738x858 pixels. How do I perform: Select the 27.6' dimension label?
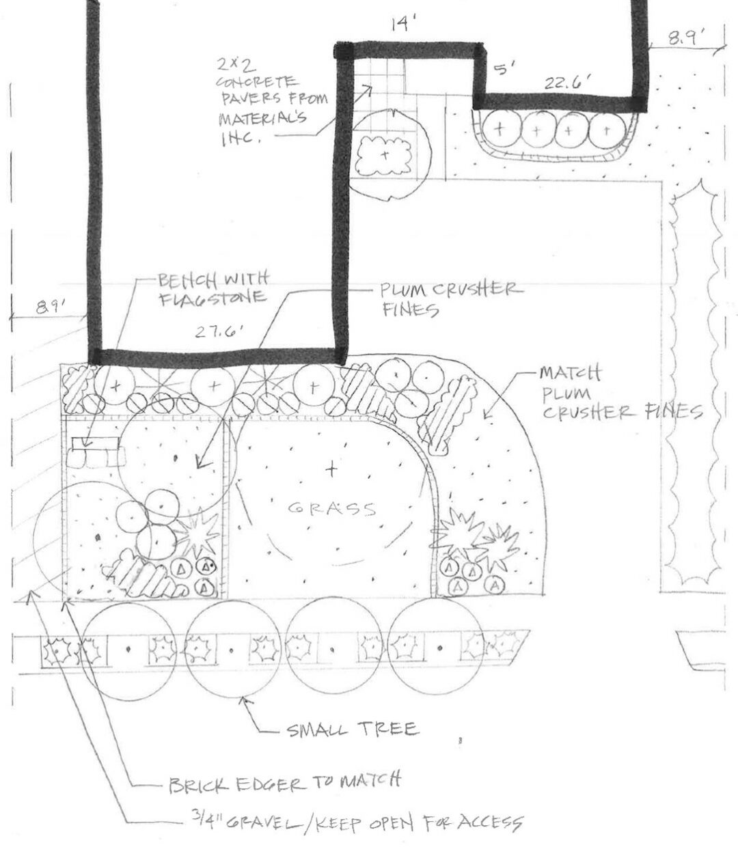pos(219,332)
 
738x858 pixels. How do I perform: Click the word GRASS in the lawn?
pos(332,508)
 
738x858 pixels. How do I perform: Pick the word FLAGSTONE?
pos(213,298)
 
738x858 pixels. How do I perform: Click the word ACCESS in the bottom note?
pos(490,822)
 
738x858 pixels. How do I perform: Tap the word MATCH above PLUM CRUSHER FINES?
pos(570,374)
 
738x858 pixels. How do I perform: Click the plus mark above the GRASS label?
pos(331,469)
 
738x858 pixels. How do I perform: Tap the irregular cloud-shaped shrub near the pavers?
pos(384,156)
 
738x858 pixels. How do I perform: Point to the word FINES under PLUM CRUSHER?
pos(409,309)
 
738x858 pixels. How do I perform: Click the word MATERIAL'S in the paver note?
pos(262,118)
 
